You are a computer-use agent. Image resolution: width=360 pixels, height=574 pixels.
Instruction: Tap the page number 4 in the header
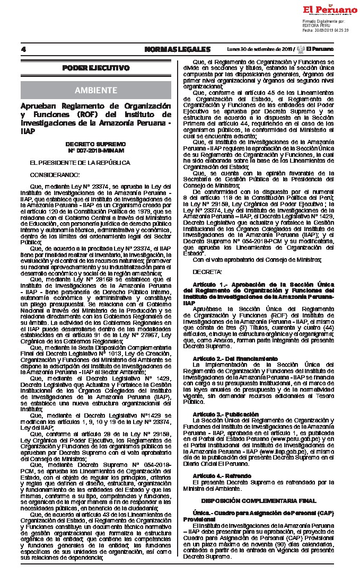[x=24, y=49]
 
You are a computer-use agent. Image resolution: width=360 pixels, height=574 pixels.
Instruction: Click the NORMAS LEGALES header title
[x=177, y=49]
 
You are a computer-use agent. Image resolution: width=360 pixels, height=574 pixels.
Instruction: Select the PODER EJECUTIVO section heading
[x=96, y=68]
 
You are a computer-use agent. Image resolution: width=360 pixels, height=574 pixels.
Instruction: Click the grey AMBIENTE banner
[x=96, y=90]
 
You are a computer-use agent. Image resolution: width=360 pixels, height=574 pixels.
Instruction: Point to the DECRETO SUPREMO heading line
[x=96, y=144]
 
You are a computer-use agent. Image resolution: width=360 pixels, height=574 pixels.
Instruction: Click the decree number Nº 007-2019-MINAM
[x=96, y=151]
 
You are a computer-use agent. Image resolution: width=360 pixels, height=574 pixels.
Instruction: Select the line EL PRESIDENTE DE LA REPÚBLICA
[x=80, y=163]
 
